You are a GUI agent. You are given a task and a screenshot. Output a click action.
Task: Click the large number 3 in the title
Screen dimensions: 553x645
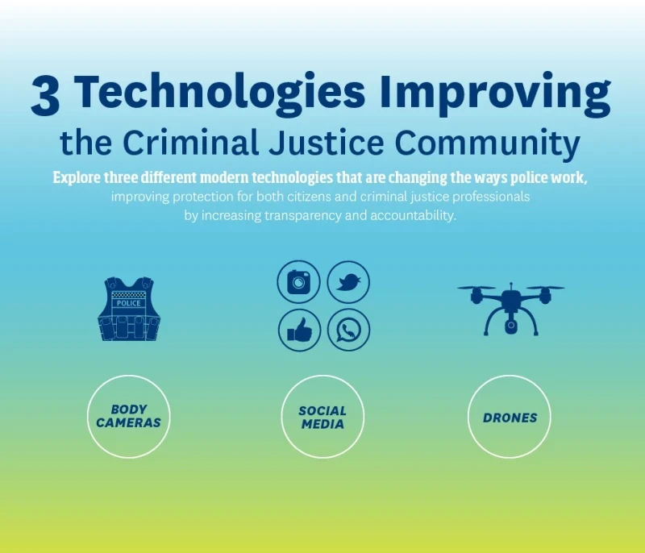pos(45,97)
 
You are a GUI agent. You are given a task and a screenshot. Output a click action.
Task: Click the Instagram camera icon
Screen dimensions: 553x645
pos(299,282)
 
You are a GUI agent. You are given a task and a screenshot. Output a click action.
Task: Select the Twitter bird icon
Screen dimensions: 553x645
pos(348,282)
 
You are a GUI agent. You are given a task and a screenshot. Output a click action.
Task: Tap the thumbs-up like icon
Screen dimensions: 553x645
pos(299,331)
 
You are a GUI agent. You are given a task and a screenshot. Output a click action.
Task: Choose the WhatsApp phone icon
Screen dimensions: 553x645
pos(348,331)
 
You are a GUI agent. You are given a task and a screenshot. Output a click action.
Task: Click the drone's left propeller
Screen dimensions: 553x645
pos(476,288)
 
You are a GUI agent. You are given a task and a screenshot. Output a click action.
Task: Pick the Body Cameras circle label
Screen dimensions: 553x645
pos(129,417)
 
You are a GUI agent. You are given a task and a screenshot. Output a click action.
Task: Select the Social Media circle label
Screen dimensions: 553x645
pos(322,417)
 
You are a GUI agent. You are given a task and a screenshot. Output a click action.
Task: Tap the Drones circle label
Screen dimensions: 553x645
pos(510,418)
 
